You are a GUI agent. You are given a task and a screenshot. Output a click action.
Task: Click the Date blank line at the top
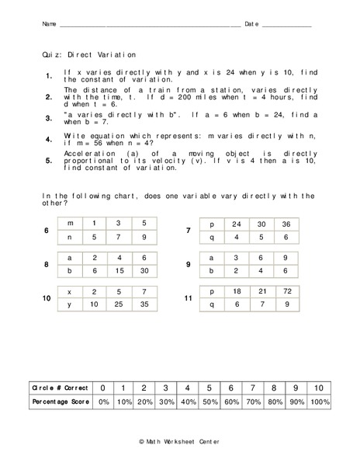286,26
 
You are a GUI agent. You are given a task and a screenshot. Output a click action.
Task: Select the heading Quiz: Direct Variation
89,55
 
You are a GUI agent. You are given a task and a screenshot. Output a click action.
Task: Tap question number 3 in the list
48,119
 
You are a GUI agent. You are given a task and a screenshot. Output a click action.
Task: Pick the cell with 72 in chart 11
289,292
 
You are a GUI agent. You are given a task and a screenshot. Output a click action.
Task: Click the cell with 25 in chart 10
118,305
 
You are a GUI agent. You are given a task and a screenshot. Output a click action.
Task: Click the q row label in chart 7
212,238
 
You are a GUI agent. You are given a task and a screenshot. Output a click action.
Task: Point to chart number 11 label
189,299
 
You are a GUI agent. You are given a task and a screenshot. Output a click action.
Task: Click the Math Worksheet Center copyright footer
180,440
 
